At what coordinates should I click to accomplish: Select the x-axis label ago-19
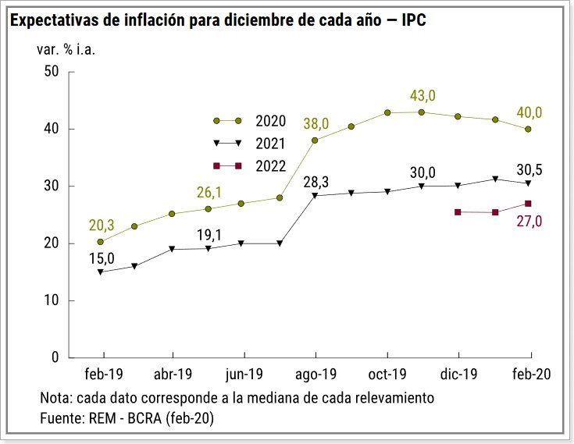coord(315,375)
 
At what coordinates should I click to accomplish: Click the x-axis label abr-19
coord(172,375)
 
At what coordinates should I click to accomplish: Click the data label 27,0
coord(529,221)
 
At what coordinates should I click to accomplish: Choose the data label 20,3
coord(101,225)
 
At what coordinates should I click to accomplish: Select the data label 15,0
coord(101,258)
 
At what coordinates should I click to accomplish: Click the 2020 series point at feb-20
coord(529,129)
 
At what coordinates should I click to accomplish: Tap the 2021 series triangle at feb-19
coord(100,272)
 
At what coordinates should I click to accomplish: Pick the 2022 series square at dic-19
coord(458,212)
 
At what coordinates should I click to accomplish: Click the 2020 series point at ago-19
coord(315,140)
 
